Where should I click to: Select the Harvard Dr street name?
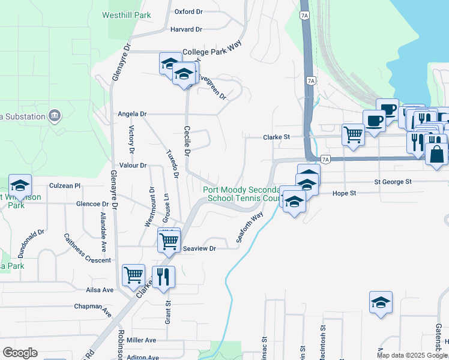tap(186, 29)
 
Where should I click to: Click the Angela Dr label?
tap(132, 113)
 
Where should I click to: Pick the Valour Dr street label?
tap(133, 165)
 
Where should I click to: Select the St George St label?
tap(393, 181)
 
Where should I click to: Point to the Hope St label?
tap(345, 193)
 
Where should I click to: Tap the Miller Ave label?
tap(141, 340)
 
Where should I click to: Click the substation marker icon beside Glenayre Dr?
tap(55, 115)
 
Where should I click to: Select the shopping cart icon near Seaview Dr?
tap(169, 241)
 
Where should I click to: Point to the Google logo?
tap(20, 352)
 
